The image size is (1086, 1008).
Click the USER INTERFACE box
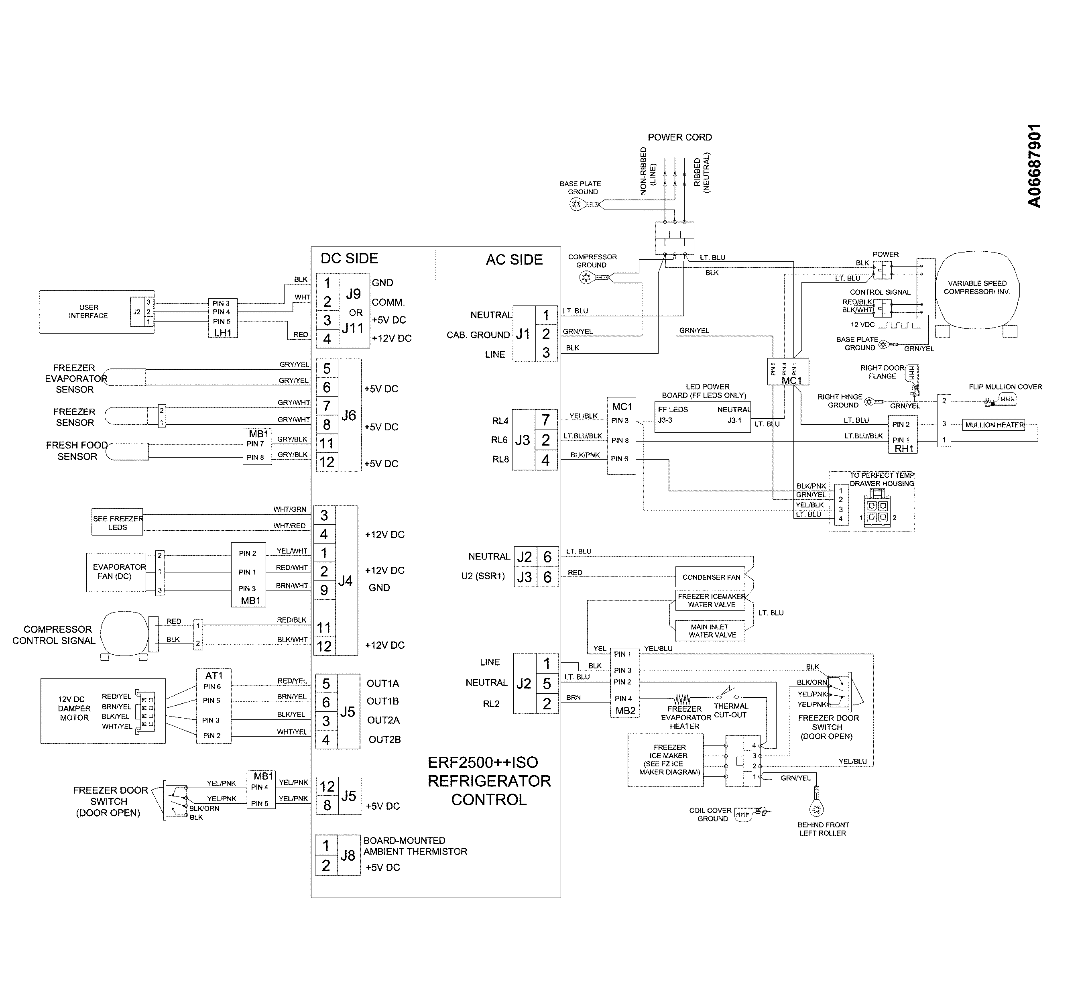(x=87, y=312)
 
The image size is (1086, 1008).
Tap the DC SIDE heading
(x=349, y=259)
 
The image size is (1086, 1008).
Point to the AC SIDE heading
(x=514, y=260)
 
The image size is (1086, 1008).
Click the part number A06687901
(x=1034, y=166)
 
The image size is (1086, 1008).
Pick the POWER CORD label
(x=679, y=137)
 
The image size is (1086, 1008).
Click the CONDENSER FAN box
(x=711, y=577)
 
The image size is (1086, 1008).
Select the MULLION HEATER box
(x=994, y=425)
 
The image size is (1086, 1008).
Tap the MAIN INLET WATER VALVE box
(x=711, y=631)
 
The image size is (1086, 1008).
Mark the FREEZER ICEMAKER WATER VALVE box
(x=711, y=601)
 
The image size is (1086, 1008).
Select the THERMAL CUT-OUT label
(x=730, y=710)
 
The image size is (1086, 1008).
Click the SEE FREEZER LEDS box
(x=117, y=523)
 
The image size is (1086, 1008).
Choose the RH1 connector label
(x=903, y=449)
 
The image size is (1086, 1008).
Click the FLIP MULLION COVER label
(x=1005, y=387)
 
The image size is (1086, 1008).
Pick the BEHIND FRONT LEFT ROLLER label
(x=823, y=829)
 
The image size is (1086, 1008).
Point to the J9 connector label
(x=353, y=295)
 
